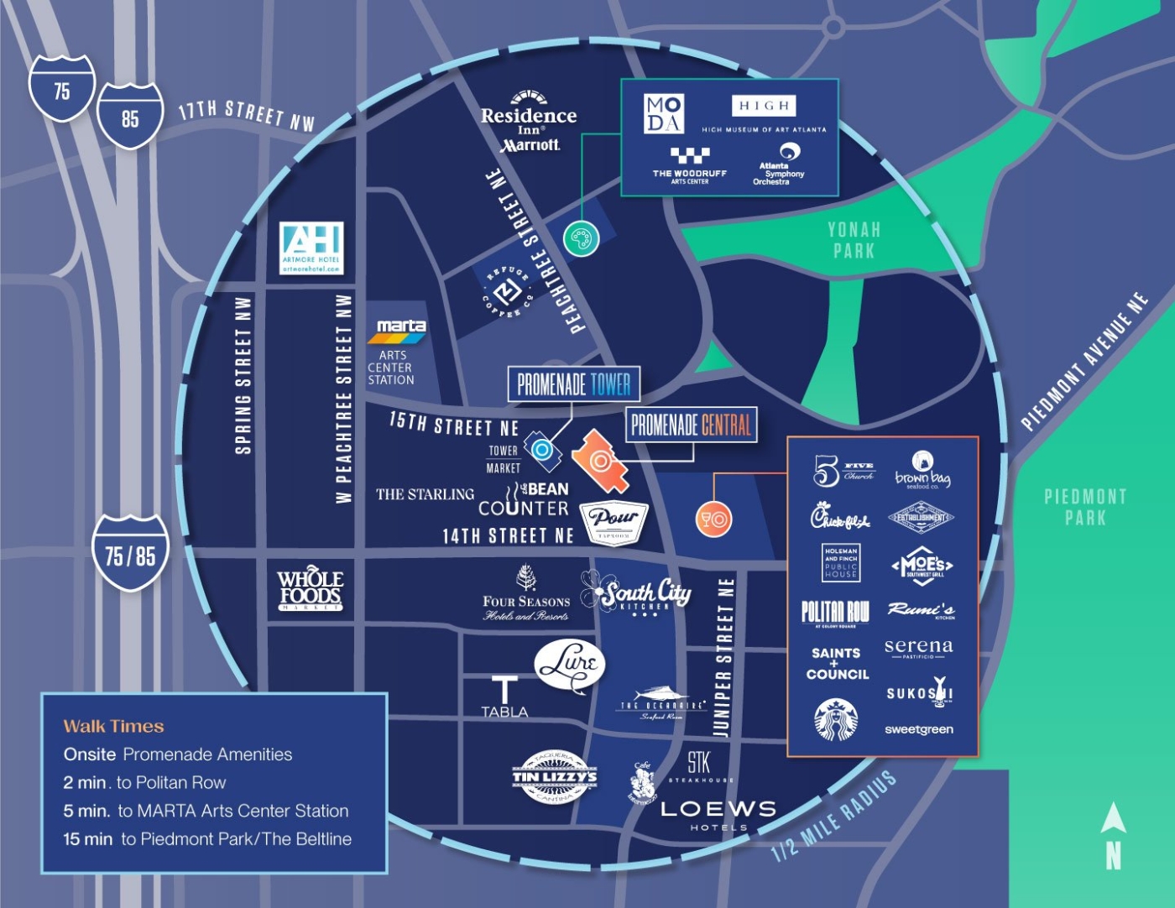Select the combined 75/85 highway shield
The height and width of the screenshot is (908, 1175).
130,554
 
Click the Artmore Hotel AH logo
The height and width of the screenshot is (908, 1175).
311,248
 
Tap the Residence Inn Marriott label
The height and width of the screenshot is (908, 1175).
529,123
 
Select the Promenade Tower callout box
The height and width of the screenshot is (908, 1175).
574,384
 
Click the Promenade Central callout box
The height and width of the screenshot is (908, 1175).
691,425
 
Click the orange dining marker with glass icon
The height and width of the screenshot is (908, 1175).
713,519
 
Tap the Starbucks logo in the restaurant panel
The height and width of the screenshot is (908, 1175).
836,720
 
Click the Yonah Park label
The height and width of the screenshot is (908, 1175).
854,240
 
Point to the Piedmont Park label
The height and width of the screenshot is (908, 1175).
1085,507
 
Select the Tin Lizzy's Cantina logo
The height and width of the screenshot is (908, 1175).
555,776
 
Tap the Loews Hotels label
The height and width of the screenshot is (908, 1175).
718,813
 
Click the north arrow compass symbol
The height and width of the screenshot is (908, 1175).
1113,835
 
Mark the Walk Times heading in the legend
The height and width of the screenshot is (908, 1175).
113,727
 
